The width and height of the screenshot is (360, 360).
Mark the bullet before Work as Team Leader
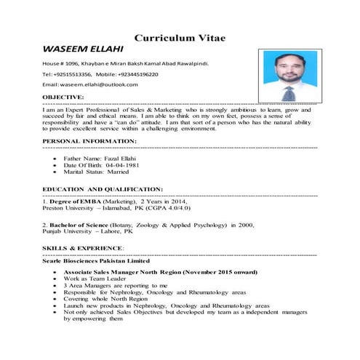55,279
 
